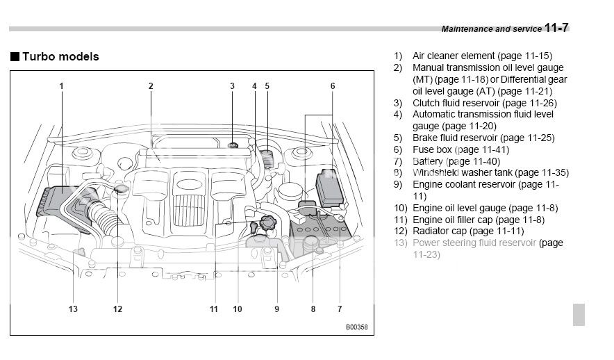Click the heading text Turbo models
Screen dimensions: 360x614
60,56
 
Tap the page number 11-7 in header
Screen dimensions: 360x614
556,28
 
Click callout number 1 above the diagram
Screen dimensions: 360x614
61,86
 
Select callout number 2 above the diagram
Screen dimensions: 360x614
150,86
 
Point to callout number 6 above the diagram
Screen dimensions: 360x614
333,86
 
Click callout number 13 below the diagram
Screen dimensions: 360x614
73,309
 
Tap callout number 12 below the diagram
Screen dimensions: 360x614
119,309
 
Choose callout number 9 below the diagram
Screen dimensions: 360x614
276,309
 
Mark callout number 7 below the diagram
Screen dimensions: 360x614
340,309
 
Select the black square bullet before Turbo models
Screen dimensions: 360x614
14,56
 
